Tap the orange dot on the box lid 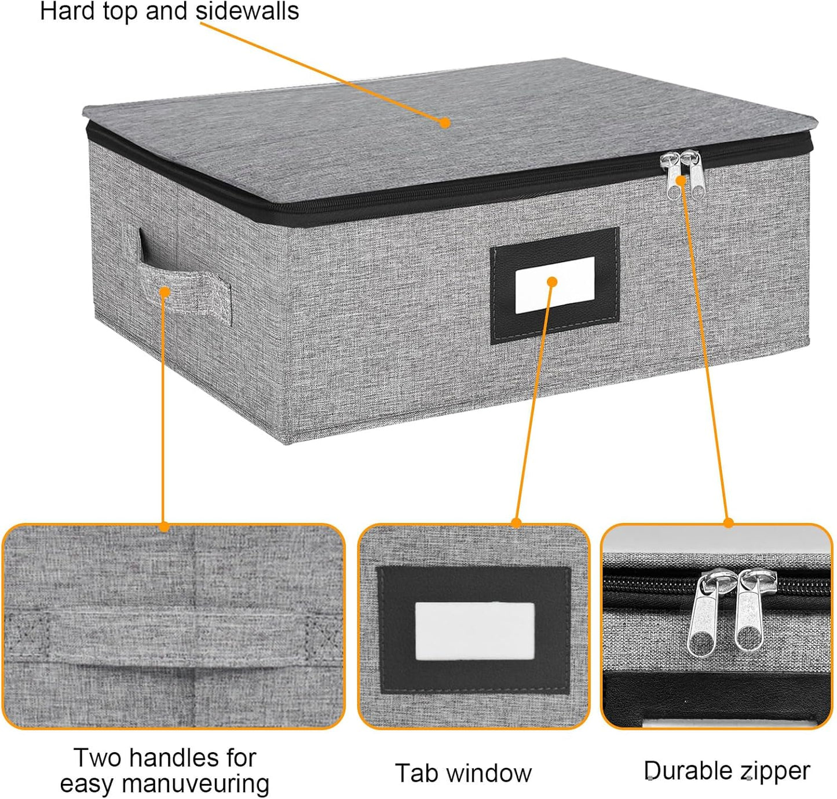[445, 123]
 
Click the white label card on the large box [555, 285]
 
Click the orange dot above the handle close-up [163, 527]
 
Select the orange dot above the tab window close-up [517, 523]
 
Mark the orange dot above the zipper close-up [728, 523]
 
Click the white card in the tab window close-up [475, 631]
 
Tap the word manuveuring [195, 784]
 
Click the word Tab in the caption [415, 773]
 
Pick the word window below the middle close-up [489, 773]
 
